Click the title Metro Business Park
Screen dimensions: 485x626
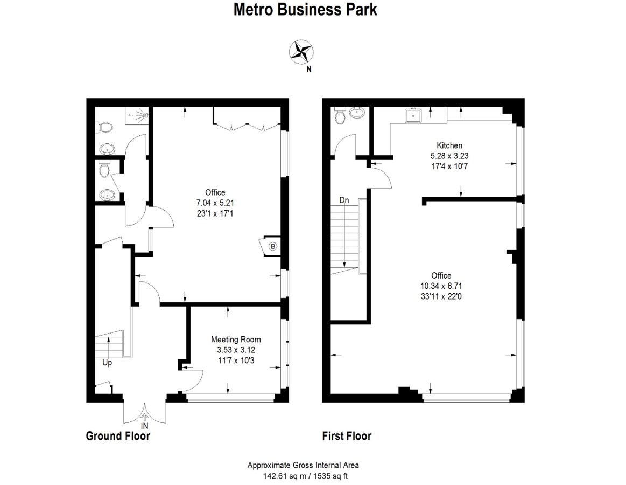pos(305,10)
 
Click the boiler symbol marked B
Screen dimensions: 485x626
pos(273,246)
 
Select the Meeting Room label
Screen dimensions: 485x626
pos(236,339)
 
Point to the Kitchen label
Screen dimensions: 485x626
pos(449,145)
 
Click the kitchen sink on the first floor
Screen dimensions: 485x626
pos(413,115)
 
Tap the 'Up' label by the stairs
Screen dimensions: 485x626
pos(107,363)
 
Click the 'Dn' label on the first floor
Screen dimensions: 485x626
pos(344,200)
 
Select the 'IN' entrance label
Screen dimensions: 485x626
pos(144,426)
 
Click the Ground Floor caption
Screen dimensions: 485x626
pos(118,436)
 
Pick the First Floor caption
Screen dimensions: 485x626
pos(347,436)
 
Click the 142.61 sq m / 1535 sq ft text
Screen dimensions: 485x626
pos(303,476)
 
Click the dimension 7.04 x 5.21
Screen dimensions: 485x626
pos(215,203)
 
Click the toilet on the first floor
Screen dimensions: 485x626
pos(339,115)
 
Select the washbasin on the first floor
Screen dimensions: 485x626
pos(356,113)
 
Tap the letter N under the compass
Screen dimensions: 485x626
pos(308,68)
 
